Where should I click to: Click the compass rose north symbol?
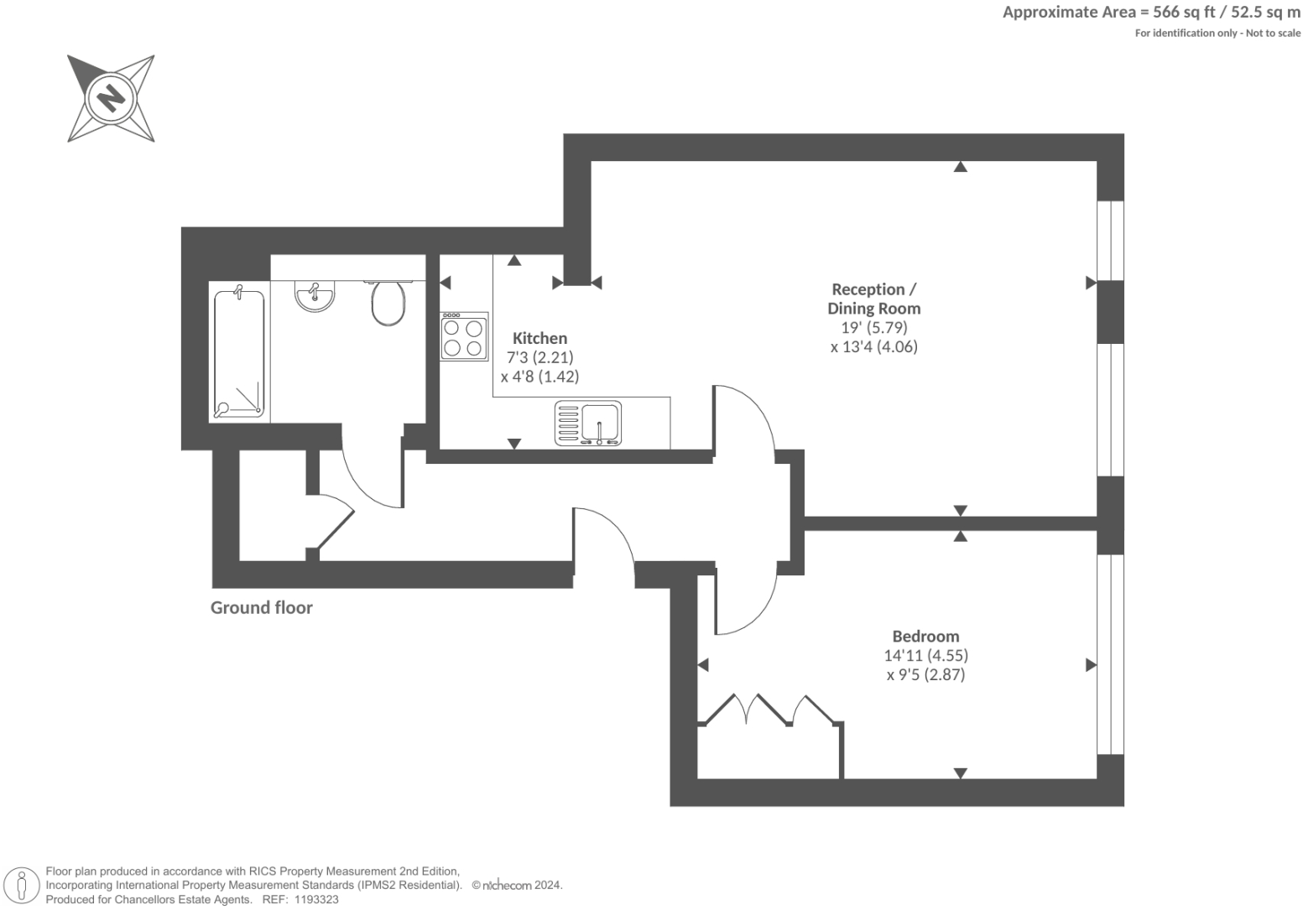(111, 98)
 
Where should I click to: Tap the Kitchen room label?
(539, 338)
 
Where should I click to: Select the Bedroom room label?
(925, 636)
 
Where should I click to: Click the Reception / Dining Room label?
(873, 299)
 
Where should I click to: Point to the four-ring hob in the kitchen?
(464, 336)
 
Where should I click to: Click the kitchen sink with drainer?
(588, 423)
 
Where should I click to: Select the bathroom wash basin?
(315, 296)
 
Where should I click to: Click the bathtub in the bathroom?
(239, 353)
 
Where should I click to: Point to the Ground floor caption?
(261, 608)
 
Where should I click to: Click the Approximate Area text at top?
(1151, 13)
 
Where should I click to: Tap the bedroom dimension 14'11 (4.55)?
(925, 655)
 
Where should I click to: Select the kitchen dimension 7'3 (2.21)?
(539, 357)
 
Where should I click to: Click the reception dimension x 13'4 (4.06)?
(873, 346)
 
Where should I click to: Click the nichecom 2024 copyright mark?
(517, 885)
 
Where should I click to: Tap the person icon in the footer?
(23, 886)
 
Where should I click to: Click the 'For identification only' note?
(1217, 34)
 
